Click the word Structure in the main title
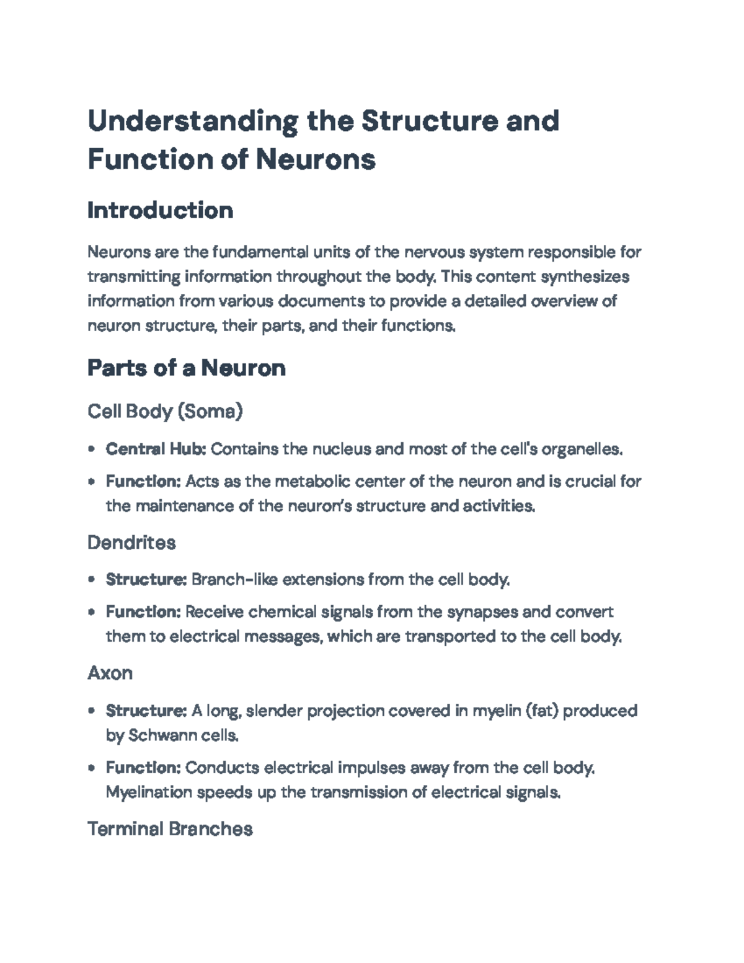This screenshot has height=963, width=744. click(x=429, y=120)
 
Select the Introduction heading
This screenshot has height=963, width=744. click(x=160, y=210)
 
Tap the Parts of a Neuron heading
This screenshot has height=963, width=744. click(x=186, y=368)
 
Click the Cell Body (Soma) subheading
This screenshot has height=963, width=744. click(x=165, y=410)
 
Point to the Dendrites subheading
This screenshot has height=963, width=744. click(x=131, y=543)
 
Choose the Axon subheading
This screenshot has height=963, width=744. click(x=110, y=673)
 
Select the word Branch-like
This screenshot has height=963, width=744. click(x=234, y=580)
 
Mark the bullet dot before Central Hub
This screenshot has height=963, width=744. click(x=92, y=449)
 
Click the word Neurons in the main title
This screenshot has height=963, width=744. click(x=316, y=159)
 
